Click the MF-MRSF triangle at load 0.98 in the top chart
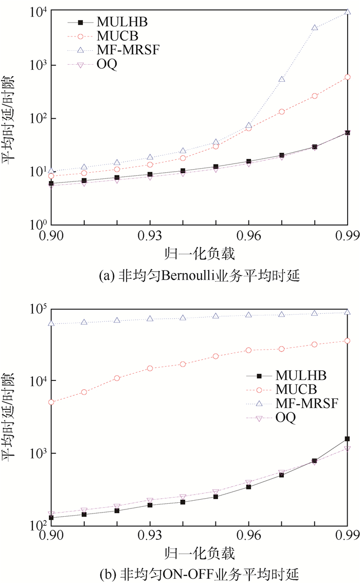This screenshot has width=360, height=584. pos(315,28)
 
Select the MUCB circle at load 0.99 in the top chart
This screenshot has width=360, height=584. pos(348,77)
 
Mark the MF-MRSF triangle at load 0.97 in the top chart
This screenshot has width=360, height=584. pos(282,79)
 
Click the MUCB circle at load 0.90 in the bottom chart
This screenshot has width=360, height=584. pos(51,402)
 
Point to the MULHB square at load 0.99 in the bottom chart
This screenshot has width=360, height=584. pos(348,439)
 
